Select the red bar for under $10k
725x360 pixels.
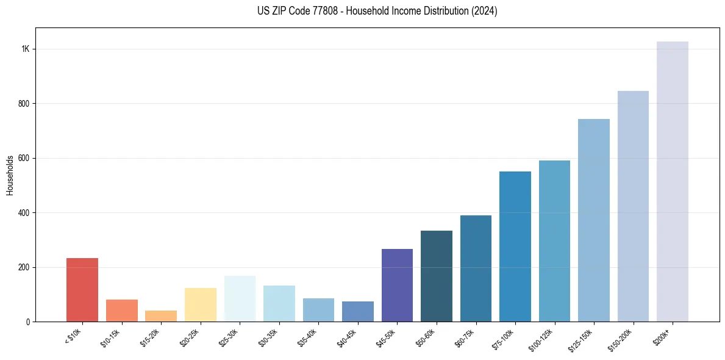tap(82, 290)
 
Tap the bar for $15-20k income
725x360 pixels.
tap(161, 316)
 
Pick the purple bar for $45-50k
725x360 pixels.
tap(397, 285)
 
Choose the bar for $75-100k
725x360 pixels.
tap(515, 247)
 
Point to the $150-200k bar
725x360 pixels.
tap(633, 206)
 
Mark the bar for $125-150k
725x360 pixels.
tap(594, 220)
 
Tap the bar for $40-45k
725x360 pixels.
tap(358, 311)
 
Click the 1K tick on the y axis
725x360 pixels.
tap(26, 49)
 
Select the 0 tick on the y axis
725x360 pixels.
tap(28, 322)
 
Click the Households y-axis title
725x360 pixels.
tap(10, 175)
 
